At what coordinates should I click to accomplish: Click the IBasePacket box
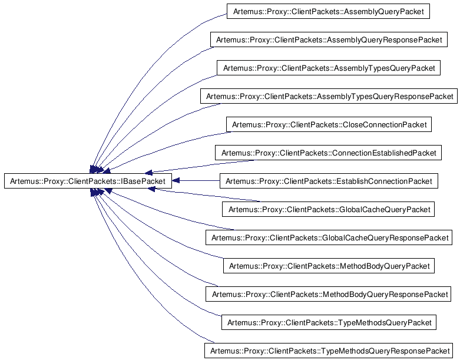click(87, 181)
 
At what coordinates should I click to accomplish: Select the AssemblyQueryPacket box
click(328, 11)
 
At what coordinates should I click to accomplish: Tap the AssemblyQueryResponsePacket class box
click(329, 39)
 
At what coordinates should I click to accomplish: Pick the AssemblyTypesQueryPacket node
click(329, 68)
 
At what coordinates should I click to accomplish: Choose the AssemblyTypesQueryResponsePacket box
click(329, 96)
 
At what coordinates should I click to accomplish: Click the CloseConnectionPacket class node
click(329, 124)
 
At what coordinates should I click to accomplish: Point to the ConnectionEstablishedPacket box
click(328, 153)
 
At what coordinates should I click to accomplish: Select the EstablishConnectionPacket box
click(329, 181)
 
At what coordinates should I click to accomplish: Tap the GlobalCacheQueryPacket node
click(328, 209)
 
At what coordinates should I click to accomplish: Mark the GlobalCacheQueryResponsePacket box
click(329, 237)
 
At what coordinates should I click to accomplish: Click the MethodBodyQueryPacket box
click(329, 266)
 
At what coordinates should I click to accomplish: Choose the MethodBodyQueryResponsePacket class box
click(328, 294)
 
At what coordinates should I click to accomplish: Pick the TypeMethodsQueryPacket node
click(329, 322)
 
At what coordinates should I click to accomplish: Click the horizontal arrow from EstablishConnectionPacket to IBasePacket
click(196, 181)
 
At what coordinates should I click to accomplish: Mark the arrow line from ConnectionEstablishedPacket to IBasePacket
click(200, 166)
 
